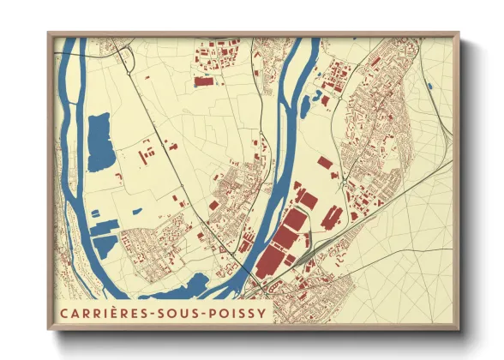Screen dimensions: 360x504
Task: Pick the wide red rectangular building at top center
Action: coord(204,82)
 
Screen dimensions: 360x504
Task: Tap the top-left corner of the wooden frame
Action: coord(50,34)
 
